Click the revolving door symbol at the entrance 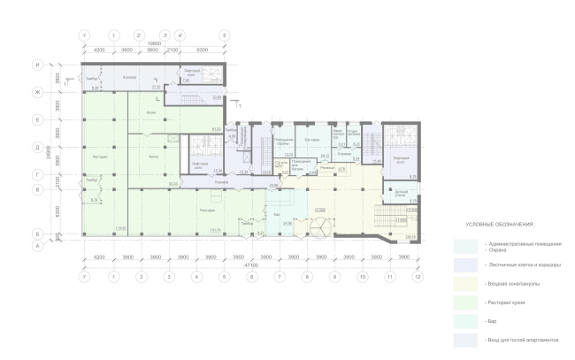[x=318, y=229]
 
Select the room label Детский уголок [x=400, y=193]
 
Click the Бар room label [x=276, y=214]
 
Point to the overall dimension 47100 [x=251, y=264]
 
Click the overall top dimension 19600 [x=154, y=43]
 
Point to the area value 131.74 [x=189, y=229]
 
